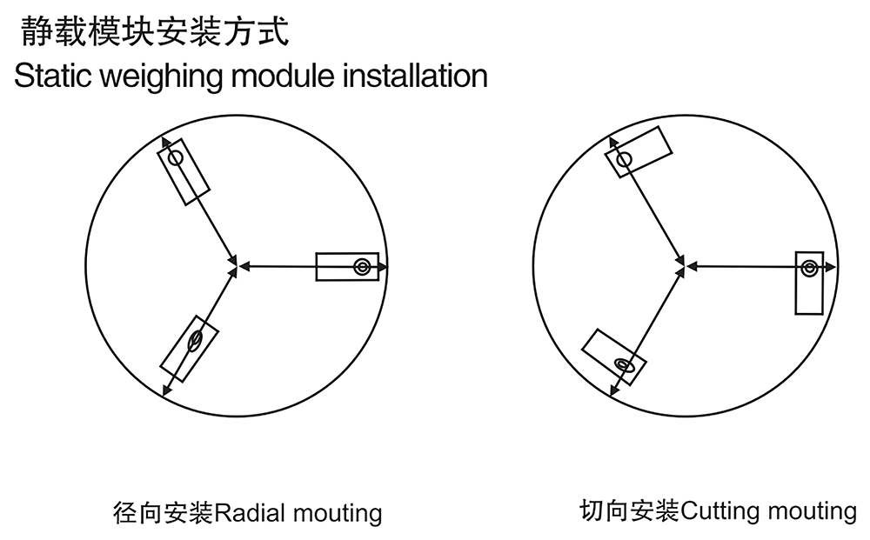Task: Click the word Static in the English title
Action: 53,76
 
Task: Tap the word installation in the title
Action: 415,76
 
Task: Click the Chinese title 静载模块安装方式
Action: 155,30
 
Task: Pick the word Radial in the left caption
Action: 250,513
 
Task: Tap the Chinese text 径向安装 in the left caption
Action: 164,513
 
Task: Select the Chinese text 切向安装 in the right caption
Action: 630,510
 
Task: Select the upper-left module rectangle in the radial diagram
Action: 184,172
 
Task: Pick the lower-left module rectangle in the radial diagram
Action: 189,349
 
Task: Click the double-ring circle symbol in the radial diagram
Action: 362,267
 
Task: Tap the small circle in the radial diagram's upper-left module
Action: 176,158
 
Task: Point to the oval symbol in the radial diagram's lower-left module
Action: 195,340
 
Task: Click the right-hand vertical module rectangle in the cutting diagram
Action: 809,283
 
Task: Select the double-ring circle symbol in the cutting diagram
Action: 809,269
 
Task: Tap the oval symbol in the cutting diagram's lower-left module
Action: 624,365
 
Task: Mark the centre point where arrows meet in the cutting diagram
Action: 682,267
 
